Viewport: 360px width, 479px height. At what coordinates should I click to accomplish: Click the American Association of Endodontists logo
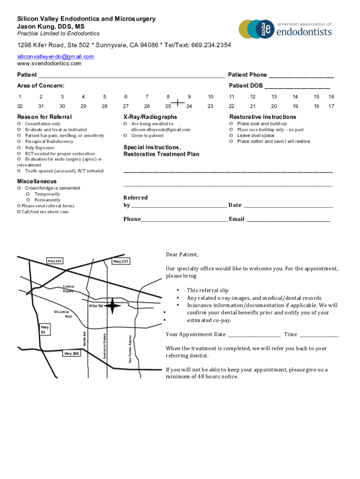pos(285,29)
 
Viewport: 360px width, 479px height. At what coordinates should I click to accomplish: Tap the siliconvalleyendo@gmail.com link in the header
pos(56,57)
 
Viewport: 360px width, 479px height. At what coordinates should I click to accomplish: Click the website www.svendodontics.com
pos(49,64)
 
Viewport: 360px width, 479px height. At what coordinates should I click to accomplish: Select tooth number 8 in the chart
pos(168,97)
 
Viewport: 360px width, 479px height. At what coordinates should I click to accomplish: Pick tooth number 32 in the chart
pos(20,107)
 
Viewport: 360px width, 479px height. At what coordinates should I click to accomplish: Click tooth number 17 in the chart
pos(331,107)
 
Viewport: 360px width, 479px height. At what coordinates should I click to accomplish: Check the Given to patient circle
pos(125,136)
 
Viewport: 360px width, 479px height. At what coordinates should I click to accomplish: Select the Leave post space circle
pos(231,136)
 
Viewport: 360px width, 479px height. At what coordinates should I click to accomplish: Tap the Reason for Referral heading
pos(44,117)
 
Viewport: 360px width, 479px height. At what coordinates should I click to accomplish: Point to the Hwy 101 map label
pos(55,261)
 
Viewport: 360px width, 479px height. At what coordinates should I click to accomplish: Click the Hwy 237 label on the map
pos(121,261)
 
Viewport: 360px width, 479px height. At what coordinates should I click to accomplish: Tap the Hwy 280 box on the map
pos(72,354)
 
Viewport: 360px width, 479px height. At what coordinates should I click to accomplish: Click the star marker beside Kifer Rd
pos(112,306)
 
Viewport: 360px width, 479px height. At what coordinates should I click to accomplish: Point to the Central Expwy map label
pos(68,289)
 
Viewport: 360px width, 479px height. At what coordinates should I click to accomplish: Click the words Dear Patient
pos(182,255)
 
